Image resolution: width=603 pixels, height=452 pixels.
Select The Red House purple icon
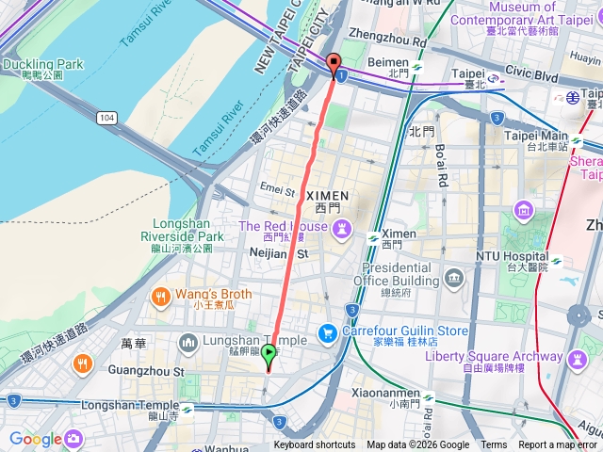coord(343,227)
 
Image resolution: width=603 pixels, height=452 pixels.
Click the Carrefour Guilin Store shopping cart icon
coord(328,331)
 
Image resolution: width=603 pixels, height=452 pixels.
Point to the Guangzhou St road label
coord(145,372)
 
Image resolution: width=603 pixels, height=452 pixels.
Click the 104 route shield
coord(106,117)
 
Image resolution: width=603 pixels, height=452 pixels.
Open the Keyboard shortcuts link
coord(316,445)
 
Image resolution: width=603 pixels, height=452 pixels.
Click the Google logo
coord(35,438)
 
